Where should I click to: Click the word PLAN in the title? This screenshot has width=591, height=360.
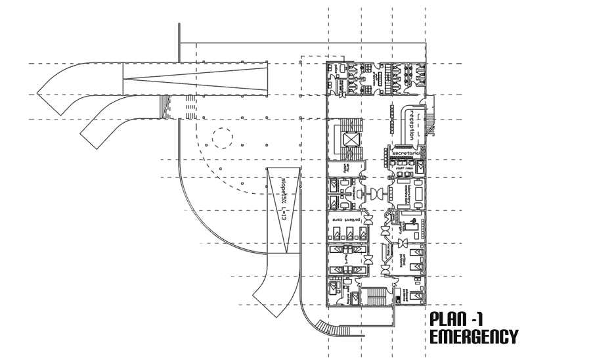coord(448,321)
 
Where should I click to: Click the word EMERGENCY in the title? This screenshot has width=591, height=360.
coord(473,338)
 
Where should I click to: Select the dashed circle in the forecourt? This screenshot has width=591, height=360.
coord(221,139)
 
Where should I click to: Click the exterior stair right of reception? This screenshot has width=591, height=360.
coord(429,124)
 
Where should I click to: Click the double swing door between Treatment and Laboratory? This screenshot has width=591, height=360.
coord(379,194)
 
